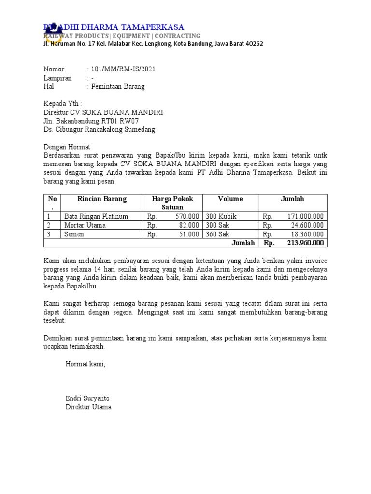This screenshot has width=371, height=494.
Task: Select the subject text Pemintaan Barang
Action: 118,87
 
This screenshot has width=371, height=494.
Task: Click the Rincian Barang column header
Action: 102,199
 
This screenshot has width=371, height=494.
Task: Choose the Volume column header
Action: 230,199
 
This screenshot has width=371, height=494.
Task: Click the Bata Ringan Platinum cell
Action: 97,217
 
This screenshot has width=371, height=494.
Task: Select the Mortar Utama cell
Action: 85,225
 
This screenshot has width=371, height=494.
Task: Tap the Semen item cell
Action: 74,234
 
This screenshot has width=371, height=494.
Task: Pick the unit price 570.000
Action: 186,217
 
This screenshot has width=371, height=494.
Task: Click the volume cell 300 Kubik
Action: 221,217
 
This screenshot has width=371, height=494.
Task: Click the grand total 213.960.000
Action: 304,243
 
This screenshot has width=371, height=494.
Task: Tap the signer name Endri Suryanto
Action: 87,398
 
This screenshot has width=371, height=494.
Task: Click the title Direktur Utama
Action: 88,407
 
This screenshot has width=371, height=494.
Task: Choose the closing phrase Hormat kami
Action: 86,364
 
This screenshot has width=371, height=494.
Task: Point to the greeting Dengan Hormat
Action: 67,147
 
